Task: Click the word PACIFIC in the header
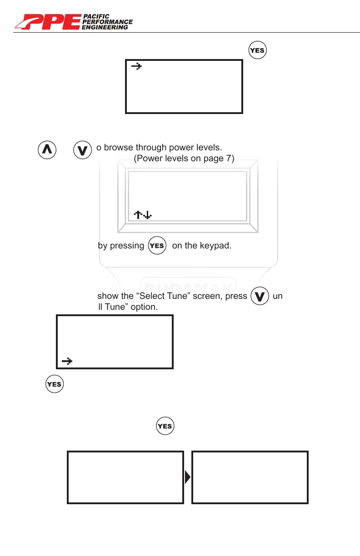96,16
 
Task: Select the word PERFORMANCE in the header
108,22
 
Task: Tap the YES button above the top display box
257,50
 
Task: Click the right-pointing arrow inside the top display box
136,66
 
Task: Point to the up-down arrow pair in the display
143,213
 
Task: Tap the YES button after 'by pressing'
157,246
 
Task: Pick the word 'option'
145,307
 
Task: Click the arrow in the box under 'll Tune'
67,361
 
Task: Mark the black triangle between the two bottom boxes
188,477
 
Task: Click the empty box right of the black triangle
250,477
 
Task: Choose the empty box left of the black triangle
125,477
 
